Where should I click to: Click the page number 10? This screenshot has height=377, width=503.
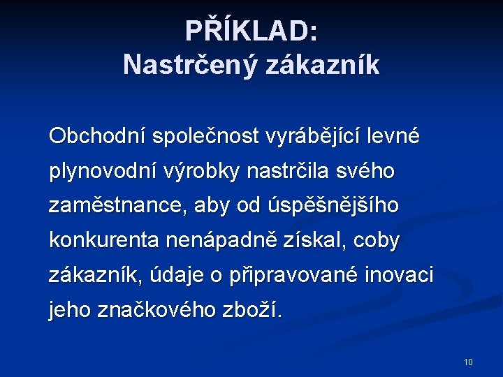[x=468, y=362]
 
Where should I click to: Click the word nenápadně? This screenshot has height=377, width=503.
[x=221, y=241]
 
